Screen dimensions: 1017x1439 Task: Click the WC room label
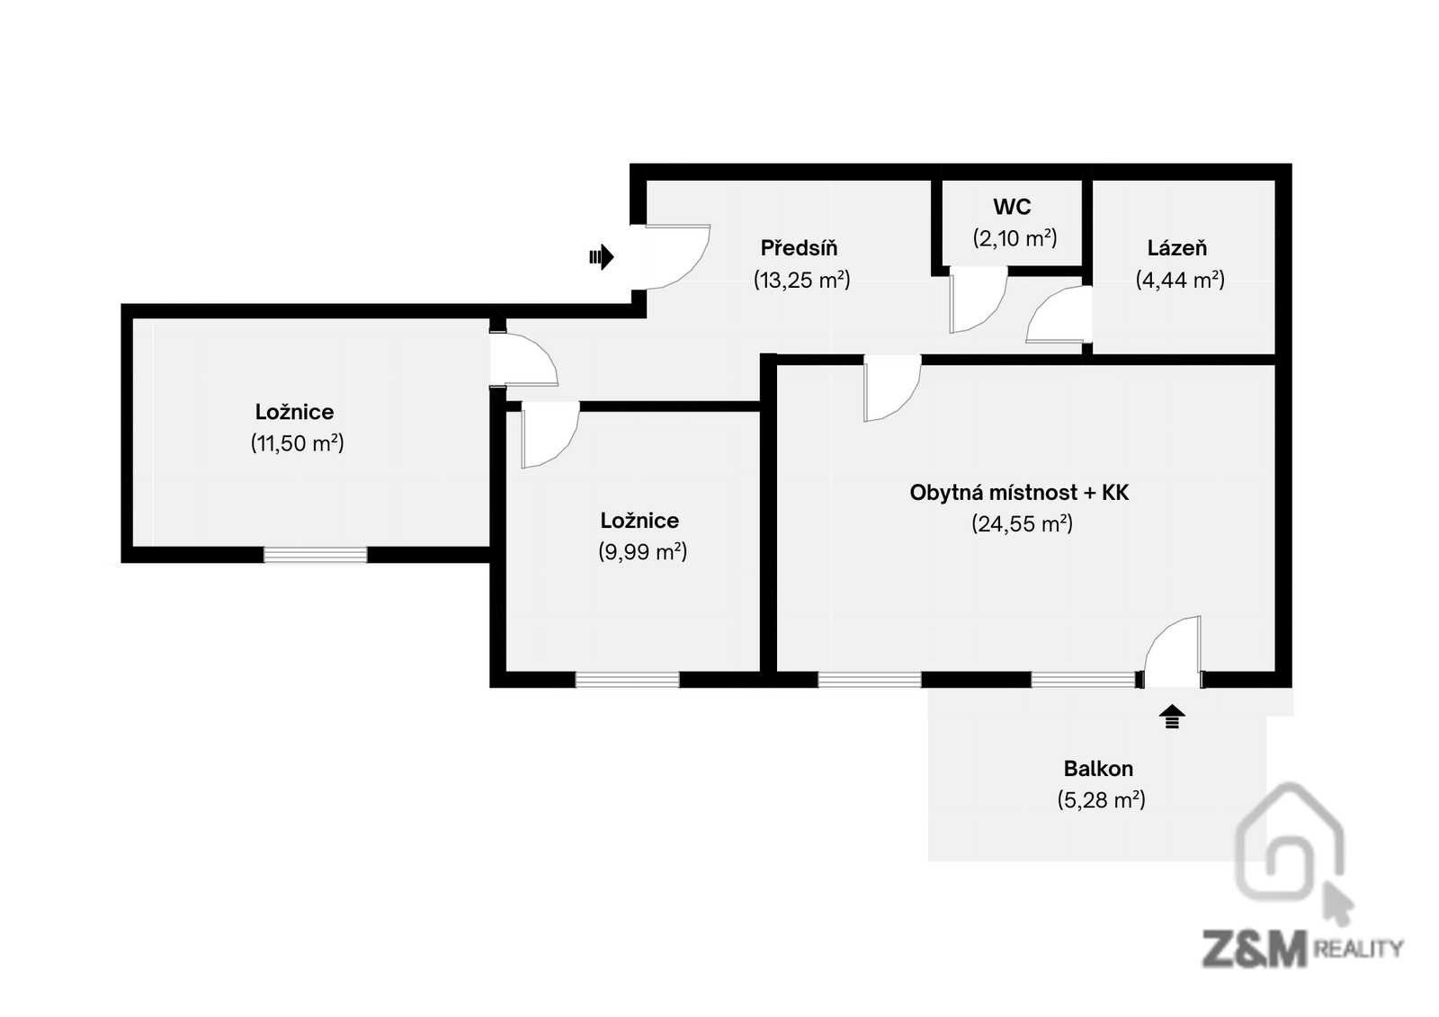coord(1012,207)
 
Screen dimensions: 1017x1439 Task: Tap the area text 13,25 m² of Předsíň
coord(801,280)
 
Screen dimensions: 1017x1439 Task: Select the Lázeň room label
coord(1176,247)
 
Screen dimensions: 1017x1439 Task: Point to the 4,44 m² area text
coord(1180,280)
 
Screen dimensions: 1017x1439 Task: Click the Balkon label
coord(1098,769)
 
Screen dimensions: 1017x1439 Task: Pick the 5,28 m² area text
coord(1101,799)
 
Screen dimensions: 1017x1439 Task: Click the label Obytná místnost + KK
coord(1019,493)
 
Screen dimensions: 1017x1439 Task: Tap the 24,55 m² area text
coord(1022,523)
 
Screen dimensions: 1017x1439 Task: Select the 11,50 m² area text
coord(297,443)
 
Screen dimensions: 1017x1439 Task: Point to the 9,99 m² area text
coord(642,551)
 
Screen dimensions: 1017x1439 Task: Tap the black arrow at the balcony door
coord(1171,717)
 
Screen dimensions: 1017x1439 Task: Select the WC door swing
coord(976,299)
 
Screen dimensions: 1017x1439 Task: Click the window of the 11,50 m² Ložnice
coord(315,555)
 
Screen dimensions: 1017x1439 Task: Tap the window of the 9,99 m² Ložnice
coord(627,680)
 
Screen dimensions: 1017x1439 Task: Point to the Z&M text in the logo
coord(1254,949)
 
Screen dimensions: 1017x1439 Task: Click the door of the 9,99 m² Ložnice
coord(547,433)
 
